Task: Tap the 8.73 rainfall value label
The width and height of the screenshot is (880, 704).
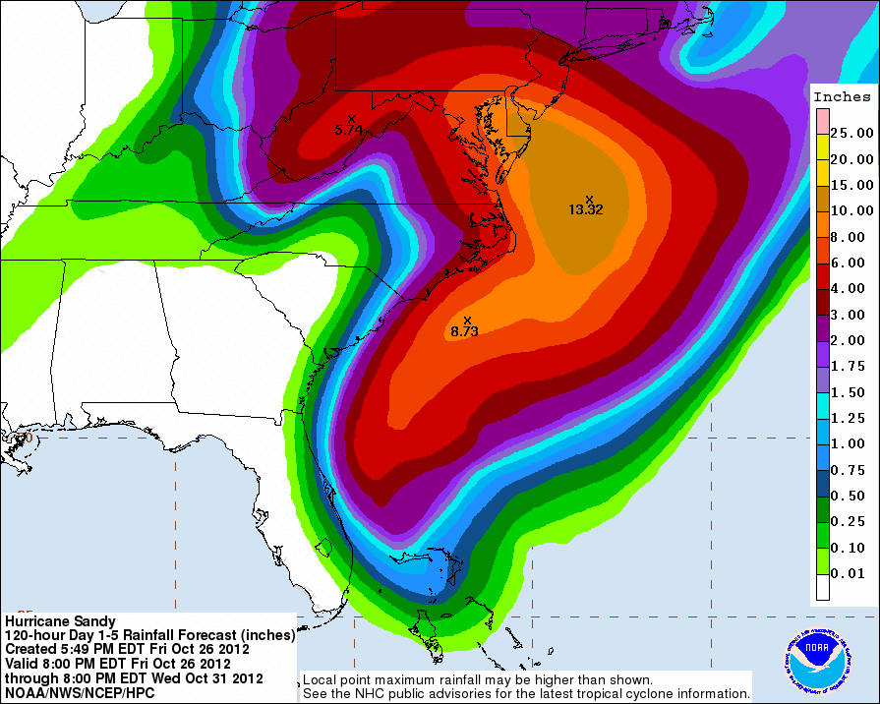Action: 464,332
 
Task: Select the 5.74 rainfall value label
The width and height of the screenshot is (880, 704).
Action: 349,130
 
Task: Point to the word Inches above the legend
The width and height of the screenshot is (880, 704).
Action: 843,96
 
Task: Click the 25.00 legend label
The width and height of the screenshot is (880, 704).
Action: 851,133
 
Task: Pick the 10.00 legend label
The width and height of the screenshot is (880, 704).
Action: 851,210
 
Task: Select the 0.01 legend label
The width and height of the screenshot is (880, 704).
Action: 851,573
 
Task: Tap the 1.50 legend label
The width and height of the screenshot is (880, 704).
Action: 851,392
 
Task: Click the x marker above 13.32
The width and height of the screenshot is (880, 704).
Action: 590,199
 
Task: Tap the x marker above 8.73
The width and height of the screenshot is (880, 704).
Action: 467,320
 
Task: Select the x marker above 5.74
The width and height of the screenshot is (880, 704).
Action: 351,119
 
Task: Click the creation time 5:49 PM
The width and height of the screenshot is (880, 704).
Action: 96,649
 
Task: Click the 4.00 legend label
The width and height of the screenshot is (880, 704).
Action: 851,288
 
